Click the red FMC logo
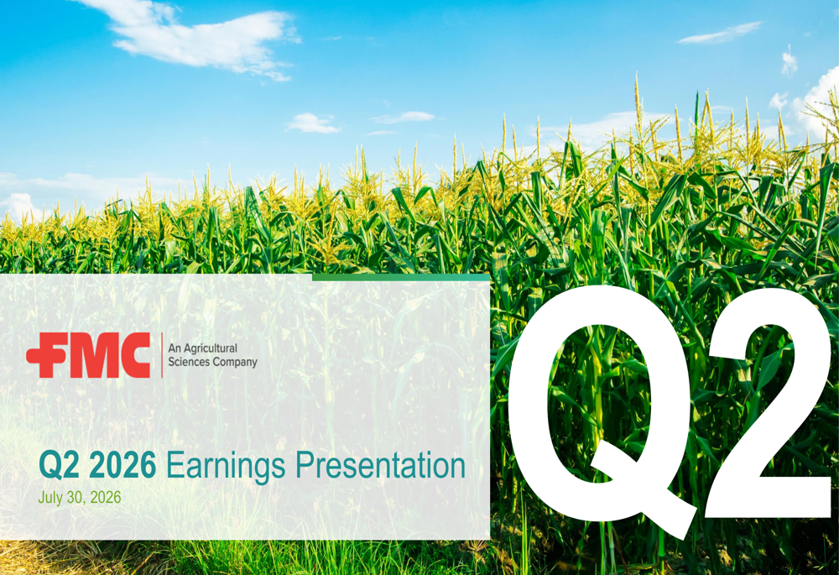pos(88,355)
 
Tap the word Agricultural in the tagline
pos(211,348)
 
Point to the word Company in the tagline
pos(235,363)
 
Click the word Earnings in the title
pos(226,466)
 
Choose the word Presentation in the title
pos(380,465)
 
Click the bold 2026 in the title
pos(122,465)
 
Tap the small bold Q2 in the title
pos(60,465)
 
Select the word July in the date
pos(50,498)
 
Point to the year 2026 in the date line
pos(106,498)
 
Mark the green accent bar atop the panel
pos(401,277)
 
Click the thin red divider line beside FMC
pos(162,355)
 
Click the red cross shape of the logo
pos(43,356)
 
